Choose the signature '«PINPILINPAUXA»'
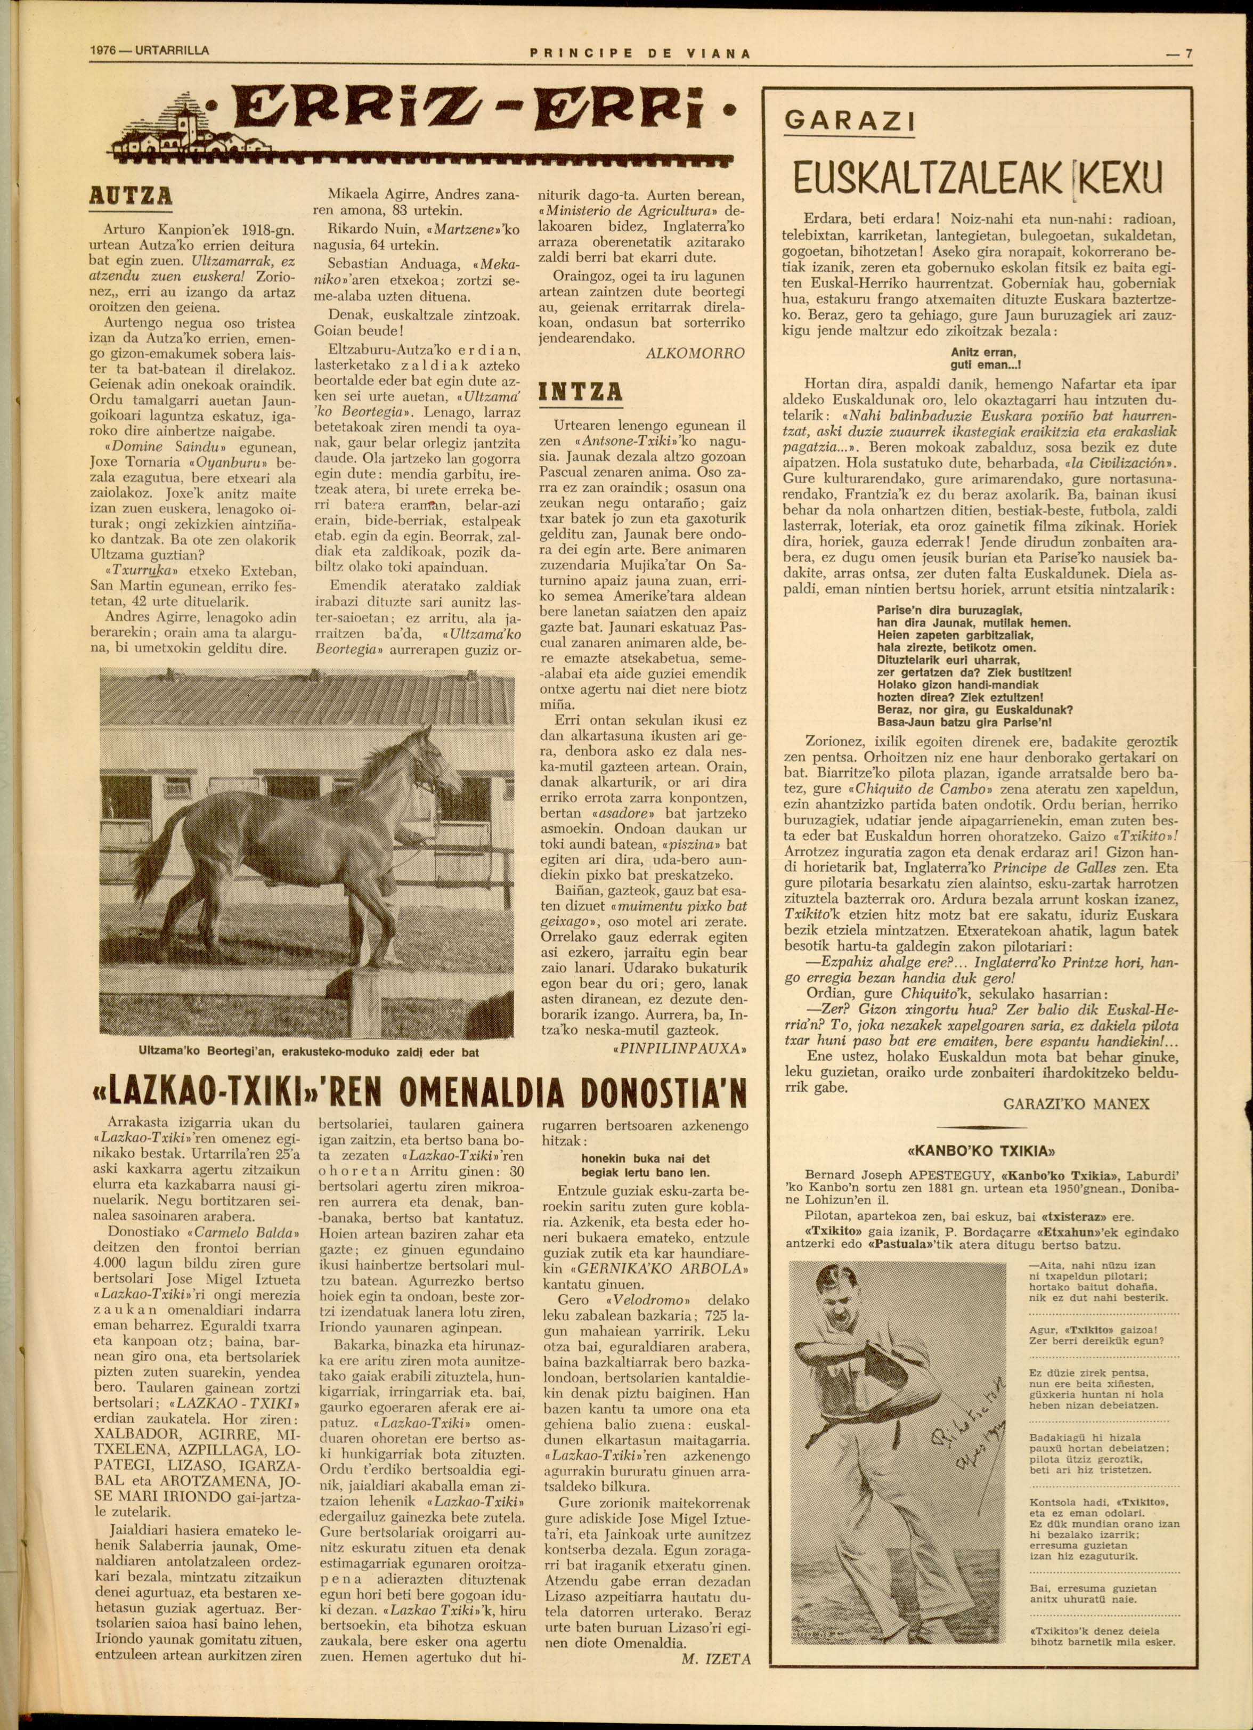click(679, 1049)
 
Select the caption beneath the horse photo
click(308, 1052)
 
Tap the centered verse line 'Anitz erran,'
click(983, 352)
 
